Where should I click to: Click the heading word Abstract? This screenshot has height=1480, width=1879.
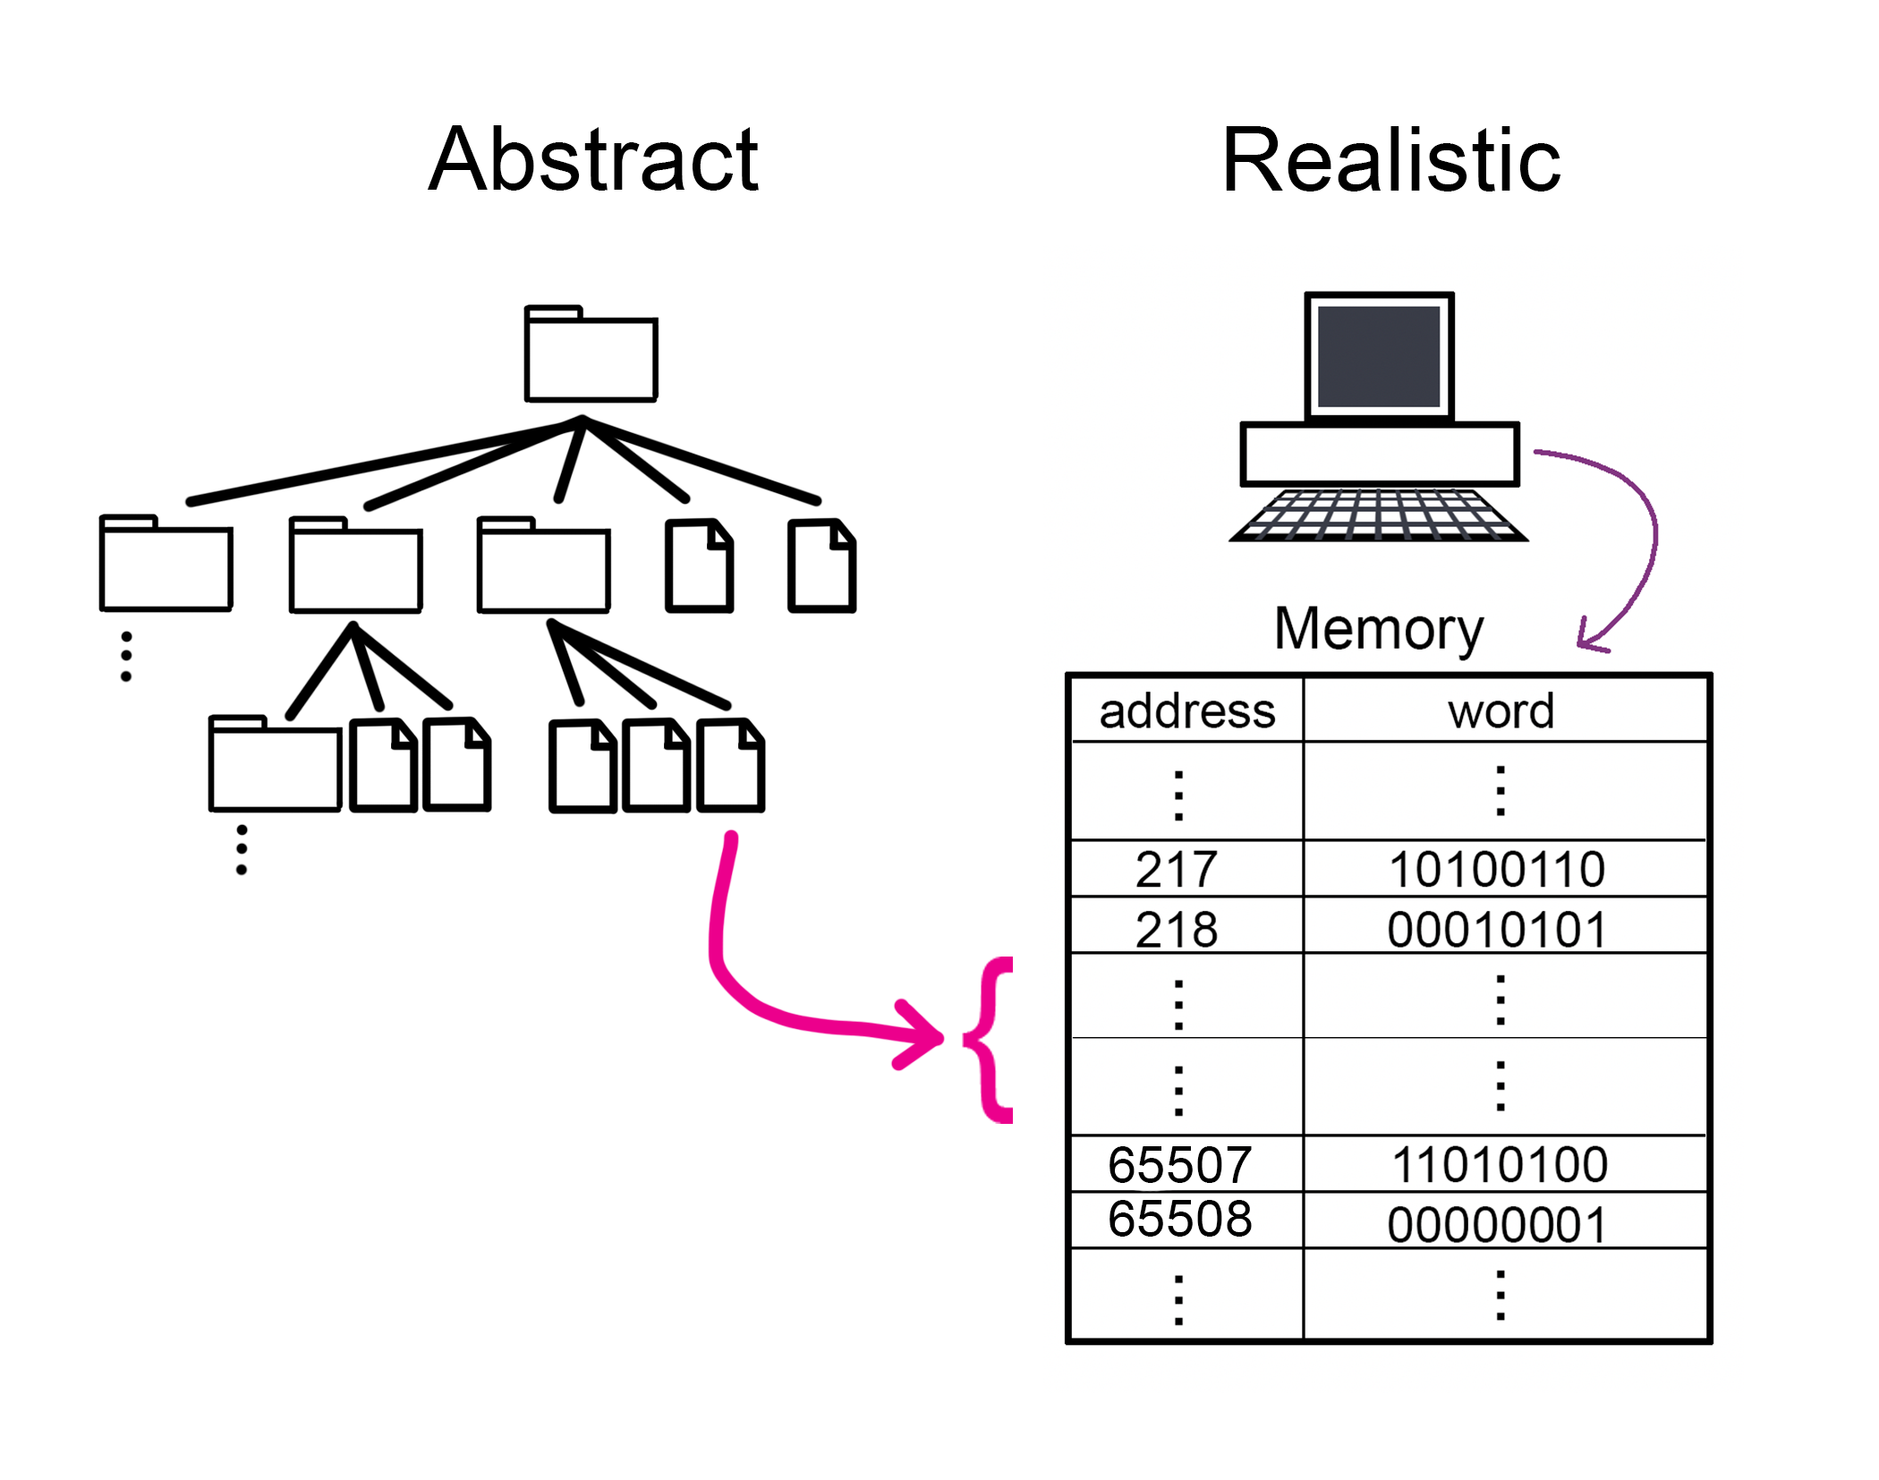tap(593, 160)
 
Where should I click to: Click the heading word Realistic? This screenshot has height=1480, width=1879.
tap(1390, 160)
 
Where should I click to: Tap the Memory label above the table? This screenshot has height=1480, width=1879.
tap(1378, 629)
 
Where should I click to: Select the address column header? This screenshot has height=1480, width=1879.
tap(1186, 711)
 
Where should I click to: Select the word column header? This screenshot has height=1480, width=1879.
tap(1501, 711)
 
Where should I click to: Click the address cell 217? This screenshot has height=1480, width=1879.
tap(1177, 869)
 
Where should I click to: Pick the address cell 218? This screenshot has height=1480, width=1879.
tap(1177, 929)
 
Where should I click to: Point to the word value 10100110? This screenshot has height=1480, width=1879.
tap(1497, 869)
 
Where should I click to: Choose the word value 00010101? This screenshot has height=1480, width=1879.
tap(1497, 929)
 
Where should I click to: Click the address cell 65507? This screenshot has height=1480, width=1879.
tap(1179, 1164)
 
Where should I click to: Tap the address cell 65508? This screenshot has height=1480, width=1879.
tap(1179, 1218)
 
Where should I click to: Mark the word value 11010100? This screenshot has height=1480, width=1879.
tap(1500, 1164)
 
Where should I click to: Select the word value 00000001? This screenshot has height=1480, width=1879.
tap(1497, 1224)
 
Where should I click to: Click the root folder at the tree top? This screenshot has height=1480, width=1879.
tap(591, 355)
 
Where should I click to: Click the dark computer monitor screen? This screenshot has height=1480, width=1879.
tap(1378, 356)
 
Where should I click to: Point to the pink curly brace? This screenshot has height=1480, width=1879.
tap(991, 1039)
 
